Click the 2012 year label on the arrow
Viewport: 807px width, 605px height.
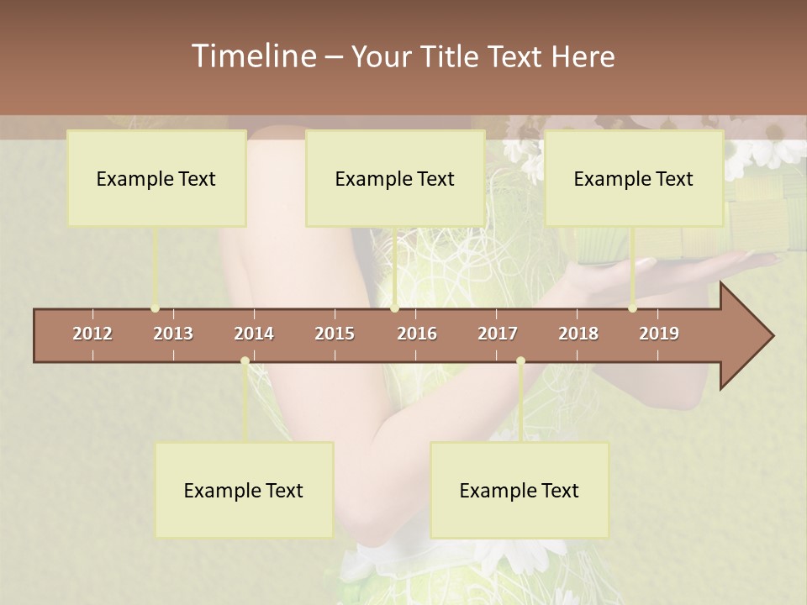click(92, 334)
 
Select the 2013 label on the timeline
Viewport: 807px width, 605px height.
click(173, 334)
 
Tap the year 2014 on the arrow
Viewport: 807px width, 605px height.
click(254, 334)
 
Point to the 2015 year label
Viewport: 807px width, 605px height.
click(335, 334)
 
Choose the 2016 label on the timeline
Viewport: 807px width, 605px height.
click(417, 334)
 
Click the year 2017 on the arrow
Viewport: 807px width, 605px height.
click(498, 334)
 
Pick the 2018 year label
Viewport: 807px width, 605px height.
click(578, 334)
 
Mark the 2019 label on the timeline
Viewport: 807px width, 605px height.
click(659, 334)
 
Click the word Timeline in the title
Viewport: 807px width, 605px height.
click(252, 56)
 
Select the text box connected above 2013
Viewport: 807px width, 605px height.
click(156, 178)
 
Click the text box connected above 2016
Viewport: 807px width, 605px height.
click(395, 178)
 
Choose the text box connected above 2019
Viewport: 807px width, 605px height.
click(634, 178)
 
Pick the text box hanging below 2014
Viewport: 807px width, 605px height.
click(244, 490)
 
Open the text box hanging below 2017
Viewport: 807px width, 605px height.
click(520, 490)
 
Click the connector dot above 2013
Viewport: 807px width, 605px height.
click(155, 308)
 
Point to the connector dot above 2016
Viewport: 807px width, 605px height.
click(394, 308)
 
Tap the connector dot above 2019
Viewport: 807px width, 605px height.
click(632, 308)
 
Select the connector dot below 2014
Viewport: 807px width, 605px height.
click(245, 361)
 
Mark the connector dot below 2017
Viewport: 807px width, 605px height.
click(520, 361)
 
